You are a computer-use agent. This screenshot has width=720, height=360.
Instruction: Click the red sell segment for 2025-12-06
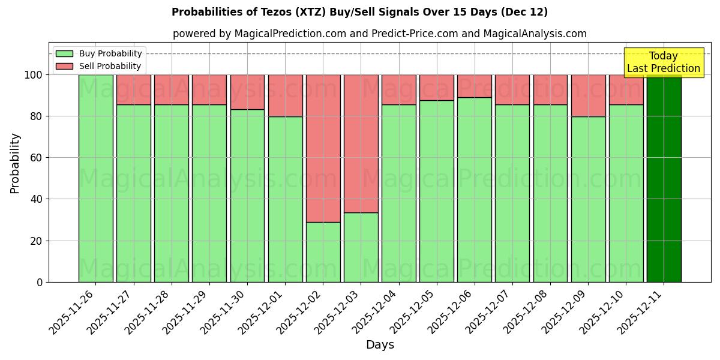(474, 86)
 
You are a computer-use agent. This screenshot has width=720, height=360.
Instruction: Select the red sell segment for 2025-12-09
(588, 95)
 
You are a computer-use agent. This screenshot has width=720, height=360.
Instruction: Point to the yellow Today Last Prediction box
(664, 62)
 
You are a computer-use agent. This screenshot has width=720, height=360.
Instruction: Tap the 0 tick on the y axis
(40, 282)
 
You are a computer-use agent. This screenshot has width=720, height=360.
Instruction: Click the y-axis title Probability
(15, 163)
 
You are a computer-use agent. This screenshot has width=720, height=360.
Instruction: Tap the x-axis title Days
(380, 345)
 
